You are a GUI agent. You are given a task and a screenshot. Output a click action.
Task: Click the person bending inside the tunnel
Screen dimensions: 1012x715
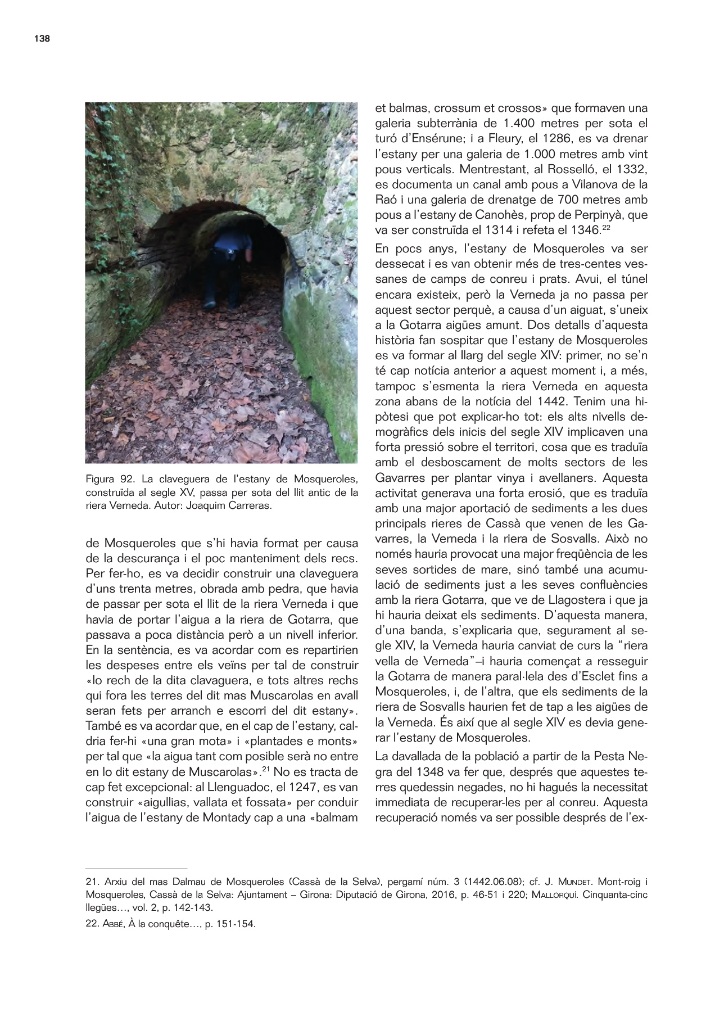coord(229,264)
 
